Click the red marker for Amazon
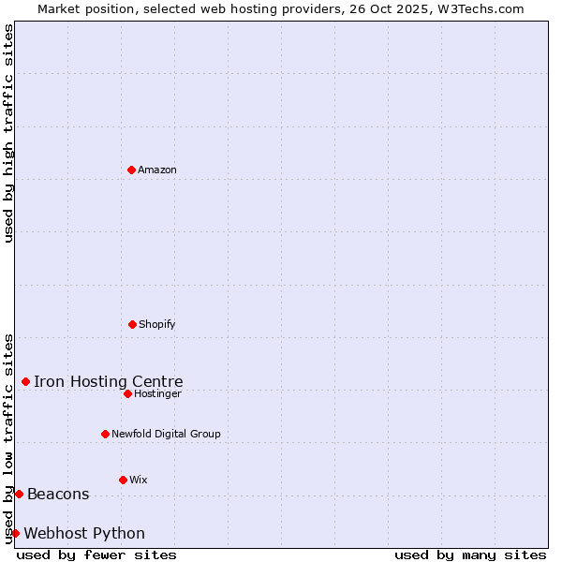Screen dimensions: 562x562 coord(131,170)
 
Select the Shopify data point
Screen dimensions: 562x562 coord(132,324)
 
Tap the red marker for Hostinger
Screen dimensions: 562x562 coord(127,393)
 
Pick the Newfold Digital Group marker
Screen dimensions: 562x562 coord(105,434)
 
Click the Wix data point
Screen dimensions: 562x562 coord(123,480)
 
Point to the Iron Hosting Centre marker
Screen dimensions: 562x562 coord(25,381)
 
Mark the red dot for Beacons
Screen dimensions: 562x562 coord(19,494)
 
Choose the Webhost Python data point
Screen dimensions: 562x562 coord(15,533)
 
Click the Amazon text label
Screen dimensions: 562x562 coord(157,170)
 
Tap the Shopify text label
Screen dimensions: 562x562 coord(157,324)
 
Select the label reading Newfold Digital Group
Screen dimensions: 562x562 coord(166,434)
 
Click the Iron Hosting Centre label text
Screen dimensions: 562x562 coord(109,381)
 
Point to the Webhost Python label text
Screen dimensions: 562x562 coord(84,533)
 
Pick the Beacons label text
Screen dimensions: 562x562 coord(58,494)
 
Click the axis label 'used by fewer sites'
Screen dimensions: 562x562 coord(96,555)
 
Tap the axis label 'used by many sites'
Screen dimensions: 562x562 coord(470,555)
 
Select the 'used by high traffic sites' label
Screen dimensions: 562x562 coord(8,133)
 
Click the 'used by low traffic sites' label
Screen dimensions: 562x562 coord(8,437)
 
